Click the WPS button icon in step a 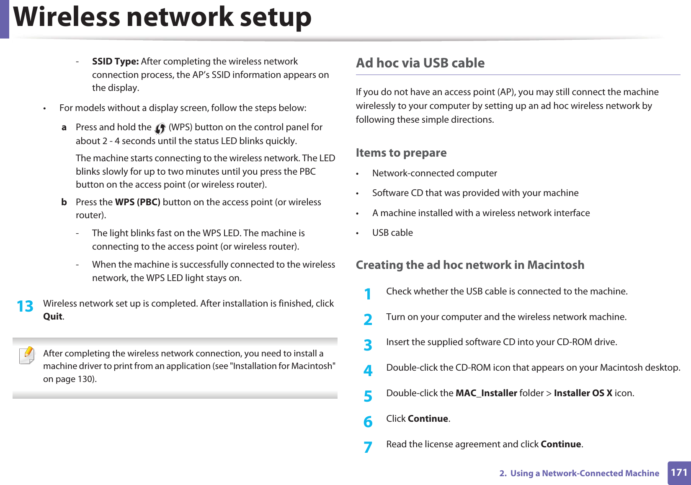160,128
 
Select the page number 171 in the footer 678,472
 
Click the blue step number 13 25,306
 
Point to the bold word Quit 53,317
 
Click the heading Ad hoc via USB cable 420,63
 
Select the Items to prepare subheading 401,153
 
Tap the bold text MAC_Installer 486,393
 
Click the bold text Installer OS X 583,393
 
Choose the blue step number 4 368,370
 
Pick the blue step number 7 368,447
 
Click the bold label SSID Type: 115,62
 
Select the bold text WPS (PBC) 137,202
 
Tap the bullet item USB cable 392,233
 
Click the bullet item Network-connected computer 434,173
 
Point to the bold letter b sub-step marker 64,202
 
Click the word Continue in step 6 428,419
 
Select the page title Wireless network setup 162,18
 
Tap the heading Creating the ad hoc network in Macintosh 470,265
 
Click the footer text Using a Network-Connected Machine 584,473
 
